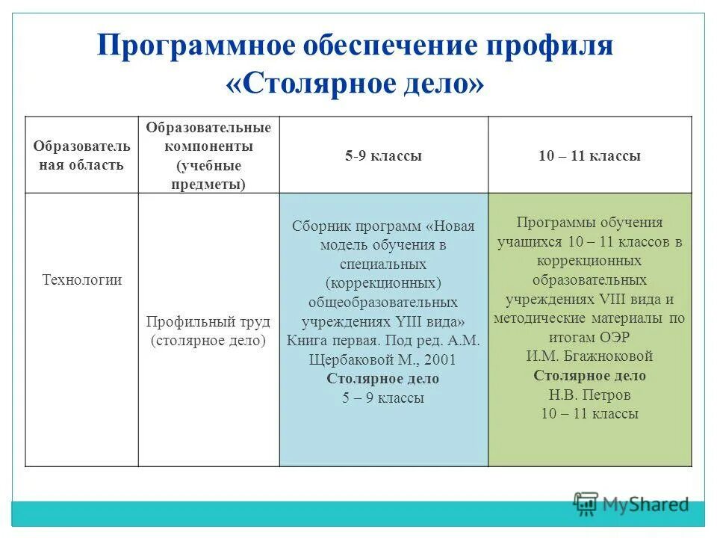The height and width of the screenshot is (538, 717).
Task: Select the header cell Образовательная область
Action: pos(81,155)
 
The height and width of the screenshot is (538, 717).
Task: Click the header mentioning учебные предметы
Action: pos(208,155)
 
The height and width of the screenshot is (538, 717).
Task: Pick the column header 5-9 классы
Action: pos(383,156)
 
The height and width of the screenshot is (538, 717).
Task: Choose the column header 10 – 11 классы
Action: pos(589,156)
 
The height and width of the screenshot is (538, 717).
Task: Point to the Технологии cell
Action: pos(81,280)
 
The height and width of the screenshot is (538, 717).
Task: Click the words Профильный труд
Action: pos(208,321)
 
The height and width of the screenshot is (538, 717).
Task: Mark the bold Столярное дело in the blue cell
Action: pos(382,379)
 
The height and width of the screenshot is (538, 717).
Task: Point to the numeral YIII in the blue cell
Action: pos(409,321)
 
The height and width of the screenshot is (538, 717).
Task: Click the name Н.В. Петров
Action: pos(589,395)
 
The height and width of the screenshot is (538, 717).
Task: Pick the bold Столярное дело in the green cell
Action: pos(589,376)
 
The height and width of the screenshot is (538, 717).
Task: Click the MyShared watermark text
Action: pos(645,504)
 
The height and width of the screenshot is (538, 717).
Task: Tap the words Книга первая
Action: pos(329,340)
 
